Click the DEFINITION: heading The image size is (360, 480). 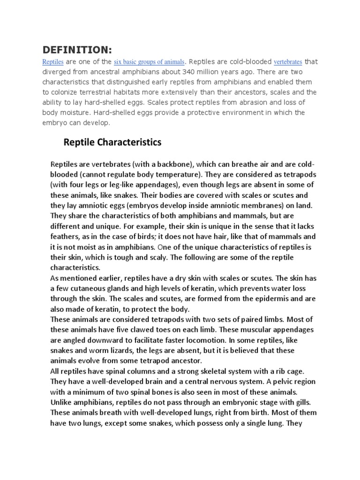pos(77,50)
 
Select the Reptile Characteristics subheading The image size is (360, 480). pos(112,142)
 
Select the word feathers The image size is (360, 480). pos(66,237)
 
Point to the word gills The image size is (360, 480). pos(306,402)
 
